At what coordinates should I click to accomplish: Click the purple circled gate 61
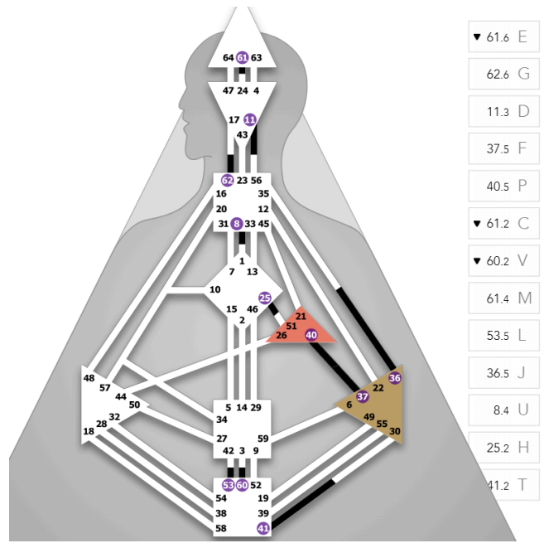pos(242,57)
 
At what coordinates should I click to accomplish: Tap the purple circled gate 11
pos(250,120)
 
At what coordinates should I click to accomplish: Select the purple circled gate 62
pos(228,180)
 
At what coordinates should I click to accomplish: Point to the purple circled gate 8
pos(238,223)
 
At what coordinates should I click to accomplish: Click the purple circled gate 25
pos(265,298)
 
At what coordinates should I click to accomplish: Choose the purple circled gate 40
pos(311,335)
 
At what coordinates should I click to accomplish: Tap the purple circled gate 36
pos(394,377)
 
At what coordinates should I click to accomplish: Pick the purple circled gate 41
pos(264,527)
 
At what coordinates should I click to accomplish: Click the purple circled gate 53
pos(228,484)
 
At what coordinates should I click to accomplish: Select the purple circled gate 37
pos(362,396)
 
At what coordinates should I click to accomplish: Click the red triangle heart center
pos(301,327)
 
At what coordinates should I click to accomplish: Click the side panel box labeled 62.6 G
pos(504,74)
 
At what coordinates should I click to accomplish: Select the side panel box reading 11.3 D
pos(504,111)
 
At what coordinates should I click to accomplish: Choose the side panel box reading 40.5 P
pos(504,186)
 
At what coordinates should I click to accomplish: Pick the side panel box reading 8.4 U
pos(504,410)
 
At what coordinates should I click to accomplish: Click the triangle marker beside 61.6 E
pos(476,37)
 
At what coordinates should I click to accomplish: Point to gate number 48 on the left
pos(89,378)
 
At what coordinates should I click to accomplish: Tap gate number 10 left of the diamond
pos(215,289)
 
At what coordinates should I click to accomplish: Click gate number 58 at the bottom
pos(221,527)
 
